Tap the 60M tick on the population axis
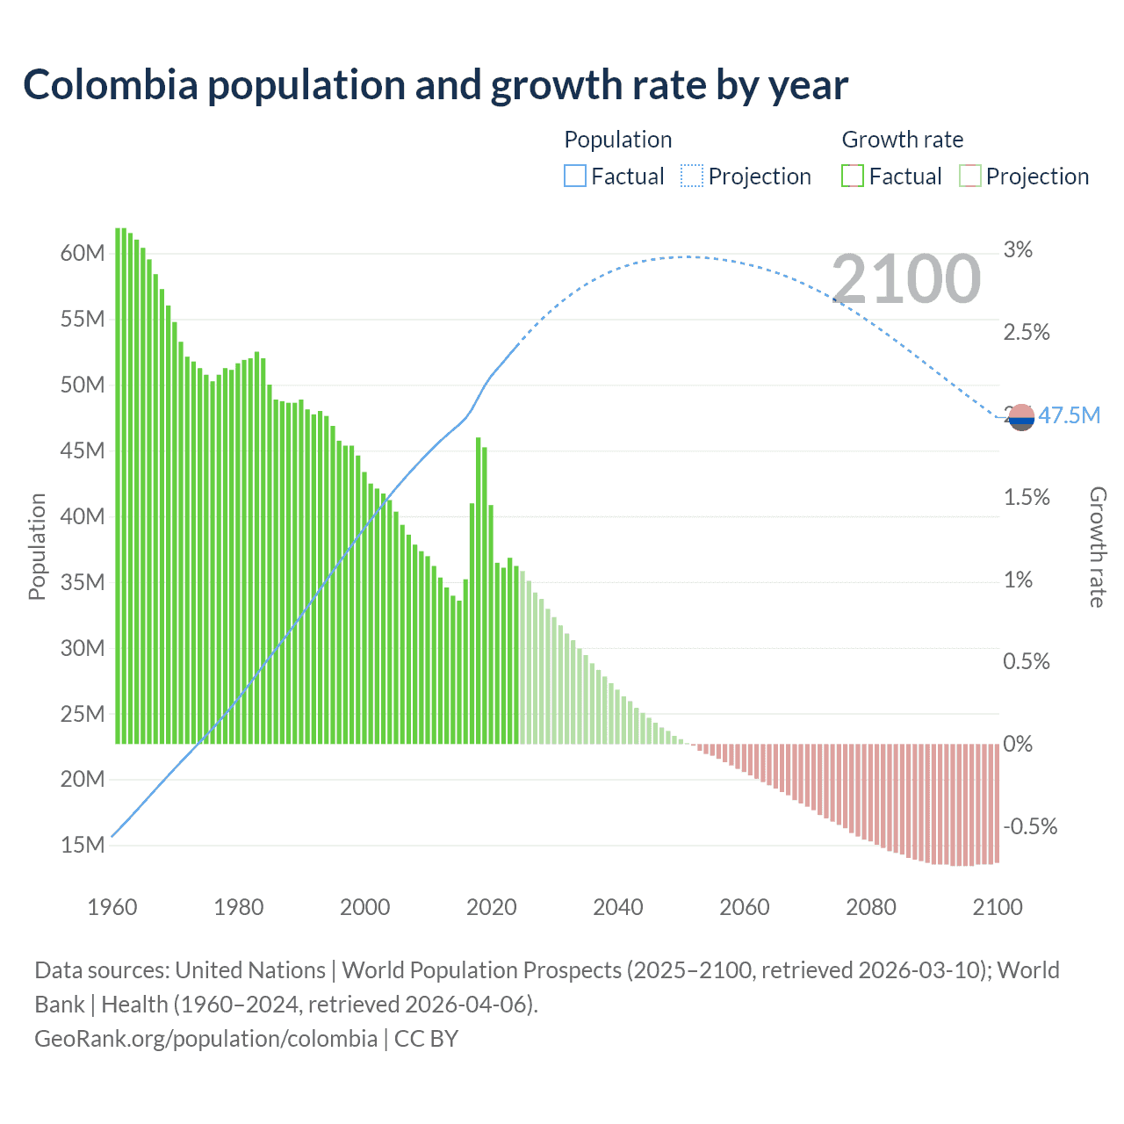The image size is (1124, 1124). click(83, 254)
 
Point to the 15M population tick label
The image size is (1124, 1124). click(83, 845)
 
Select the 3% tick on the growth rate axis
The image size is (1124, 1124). click(1018, 250)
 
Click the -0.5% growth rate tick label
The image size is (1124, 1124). click(1030, 826)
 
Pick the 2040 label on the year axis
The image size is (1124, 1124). click(617, 907)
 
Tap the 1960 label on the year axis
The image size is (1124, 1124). click(112, 907)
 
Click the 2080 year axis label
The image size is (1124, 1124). click(870, 907)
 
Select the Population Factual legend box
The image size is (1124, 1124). click(575, 177)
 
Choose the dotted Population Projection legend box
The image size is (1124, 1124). click(692, 177)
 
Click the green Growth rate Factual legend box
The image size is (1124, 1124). click(853, 177)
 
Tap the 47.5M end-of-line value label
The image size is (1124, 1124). click(1069, 415)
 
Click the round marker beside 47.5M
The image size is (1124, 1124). click(1021, 417)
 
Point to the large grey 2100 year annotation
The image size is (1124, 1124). click(906, 279)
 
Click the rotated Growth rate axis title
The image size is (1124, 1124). click(1098, 547)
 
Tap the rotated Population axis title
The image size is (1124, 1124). click(37, 547)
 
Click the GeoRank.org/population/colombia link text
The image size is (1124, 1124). click(205, 1039)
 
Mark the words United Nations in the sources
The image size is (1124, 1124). click(250, 970)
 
